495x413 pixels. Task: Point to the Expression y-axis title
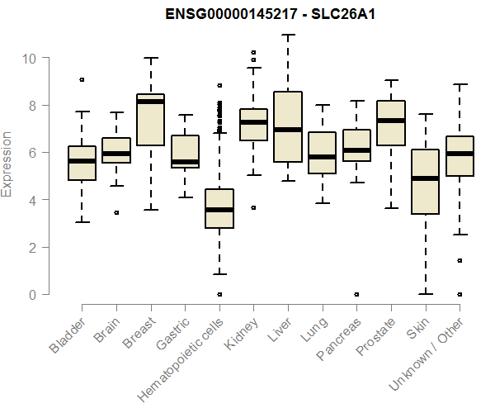pyautogui.click(x=7, y=164)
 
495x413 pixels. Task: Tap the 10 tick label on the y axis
pyautogui.click(x=30, y=59)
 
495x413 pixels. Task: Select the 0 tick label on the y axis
pyautogui.click(x=34, y=295)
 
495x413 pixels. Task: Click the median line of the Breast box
pyautogui.click(x=151, y=102)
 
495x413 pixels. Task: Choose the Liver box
pyautogui.click(x=288, y=127)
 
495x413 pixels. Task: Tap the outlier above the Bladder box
pyautogui.click(x=82, y=79)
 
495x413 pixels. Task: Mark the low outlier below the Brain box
pyautogui.click(x=116, y=212)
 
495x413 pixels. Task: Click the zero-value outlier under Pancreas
pyautogui.click(x=356, y=294)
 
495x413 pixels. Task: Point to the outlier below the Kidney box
pyautogui.click(x=253, y=208)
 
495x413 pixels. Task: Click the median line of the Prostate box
pyautogui.click(x=391, y=121)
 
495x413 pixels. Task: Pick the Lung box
pyautogui.click(x=323, y=153)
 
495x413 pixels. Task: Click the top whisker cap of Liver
pyautogui.click(x=288, y=35)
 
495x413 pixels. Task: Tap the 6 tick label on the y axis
pyautogui.click(x=34, y=153)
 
